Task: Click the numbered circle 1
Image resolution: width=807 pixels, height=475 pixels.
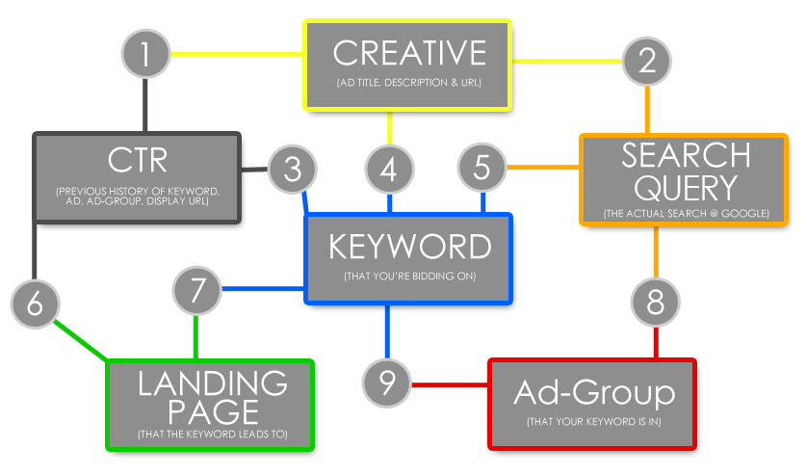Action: (145, 54)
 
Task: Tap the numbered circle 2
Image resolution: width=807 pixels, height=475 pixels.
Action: (647, 62)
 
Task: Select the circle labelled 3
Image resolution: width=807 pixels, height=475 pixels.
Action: (293, 170)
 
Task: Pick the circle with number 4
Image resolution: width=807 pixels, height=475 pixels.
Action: (390, 170)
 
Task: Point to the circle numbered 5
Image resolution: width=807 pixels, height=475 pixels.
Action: (482, 168)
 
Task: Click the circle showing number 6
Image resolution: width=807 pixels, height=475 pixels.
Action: (35, 303)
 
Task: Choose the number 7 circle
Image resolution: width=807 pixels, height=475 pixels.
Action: (197, 291)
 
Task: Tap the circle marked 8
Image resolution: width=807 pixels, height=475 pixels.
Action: (655, 303)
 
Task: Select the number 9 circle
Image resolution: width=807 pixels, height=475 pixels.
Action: (386, 383)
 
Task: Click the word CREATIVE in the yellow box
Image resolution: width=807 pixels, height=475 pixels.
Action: (409, 53)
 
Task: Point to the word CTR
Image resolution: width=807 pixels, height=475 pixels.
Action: (138, 160)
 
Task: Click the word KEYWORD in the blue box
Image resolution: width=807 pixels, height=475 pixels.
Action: (409, 247)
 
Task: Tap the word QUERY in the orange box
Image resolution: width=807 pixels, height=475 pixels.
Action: (686, 188)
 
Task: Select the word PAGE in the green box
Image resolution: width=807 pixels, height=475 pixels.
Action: (213, 412)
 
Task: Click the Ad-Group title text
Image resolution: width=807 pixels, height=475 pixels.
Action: (594, 392)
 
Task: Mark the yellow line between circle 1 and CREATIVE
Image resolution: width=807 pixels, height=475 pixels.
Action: (237, 54)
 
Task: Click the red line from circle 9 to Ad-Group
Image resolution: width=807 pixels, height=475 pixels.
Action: (450, 384)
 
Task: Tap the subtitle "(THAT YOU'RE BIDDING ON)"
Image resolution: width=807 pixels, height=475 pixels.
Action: (409, 277)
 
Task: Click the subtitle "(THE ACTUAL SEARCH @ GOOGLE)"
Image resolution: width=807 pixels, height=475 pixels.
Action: (686, 214)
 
